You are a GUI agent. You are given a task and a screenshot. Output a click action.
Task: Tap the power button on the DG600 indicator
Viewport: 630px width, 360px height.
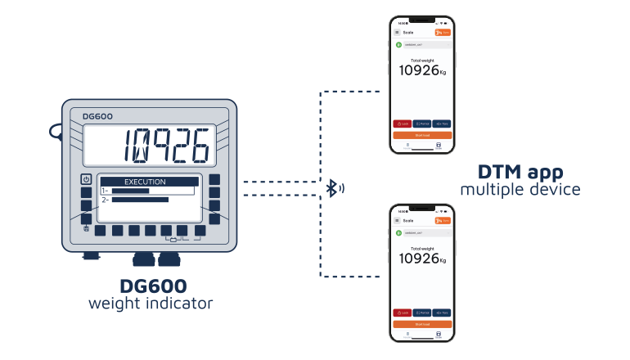point(86,179)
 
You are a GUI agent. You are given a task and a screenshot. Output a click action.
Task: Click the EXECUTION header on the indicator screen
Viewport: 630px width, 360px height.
point(145,182)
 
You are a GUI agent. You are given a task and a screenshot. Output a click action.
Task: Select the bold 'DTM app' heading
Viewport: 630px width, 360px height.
point(520,173)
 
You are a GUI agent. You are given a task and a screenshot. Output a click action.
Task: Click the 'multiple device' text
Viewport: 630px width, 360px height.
point(520,190)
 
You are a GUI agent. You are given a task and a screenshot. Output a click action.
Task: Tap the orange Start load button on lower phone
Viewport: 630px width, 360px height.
point(422,324)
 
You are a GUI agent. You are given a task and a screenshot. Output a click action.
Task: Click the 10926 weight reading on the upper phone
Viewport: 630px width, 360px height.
point(419,70)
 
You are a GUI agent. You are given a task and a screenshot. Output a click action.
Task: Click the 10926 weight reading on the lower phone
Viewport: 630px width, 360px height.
point(419,259)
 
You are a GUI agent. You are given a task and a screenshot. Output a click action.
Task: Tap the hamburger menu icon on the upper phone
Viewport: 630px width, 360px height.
point(397,33)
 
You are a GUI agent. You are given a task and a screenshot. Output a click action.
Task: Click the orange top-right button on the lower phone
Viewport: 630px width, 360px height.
point(443,221)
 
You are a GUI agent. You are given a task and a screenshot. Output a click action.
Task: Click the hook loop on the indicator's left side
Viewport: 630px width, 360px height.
point(56,129)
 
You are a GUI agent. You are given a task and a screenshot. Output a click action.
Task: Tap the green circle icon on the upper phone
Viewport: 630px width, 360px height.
point(398,44)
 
